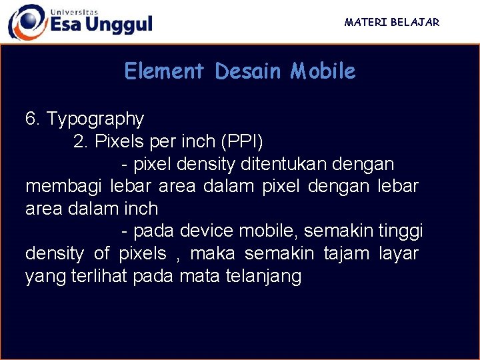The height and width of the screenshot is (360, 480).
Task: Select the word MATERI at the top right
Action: coord(366,22)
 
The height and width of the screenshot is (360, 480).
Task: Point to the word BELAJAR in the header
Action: coord(415,22)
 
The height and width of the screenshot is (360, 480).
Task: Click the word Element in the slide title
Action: coord(164,71)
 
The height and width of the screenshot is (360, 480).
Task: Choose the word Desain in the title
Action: coord(249,71)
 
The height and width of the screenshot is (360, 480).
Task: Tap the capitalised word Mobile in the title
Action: coord(323,71)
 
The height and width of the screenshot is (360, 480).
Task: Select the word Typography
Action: coord(95,120)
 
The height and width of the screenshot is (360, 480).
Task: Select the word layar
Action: coord(399,254)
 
